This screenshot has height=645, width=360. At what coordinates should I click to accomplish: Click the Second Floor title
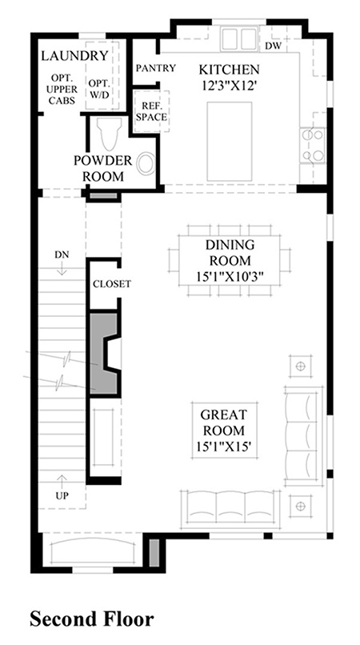(92, 619)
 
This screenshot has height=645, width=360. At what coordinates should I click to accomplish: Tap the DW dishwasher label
(273, 46)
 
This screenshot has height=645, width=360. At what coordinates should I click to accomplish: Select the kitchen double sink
(239, 39)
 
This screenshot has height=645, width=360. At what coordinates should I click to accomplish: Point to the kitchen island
(230, 142)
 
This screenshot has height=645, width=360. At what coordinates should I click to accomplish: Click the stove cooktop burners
(312, 145)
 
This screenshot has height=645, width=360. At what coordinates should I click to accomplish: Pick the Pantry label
(156, 68)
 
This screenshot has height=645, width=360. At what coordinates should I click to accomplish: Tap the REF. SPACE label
(152, 111)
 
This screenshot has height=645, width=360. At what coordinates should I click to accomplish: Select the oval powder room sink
(146, 164)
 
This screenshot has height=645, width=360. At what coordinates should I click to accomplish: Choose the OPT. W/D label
(99, 89)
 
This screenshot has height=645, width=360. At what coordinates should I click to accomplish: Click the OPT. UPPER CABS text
(62, 89)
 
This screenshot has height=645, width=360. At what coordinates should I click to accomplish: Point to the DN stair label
(62, 255)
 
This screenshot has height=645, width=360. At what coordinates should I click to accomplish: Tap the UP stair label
(62, 495)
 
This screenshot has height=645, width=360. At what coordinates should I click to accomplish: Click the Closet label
(112, 284)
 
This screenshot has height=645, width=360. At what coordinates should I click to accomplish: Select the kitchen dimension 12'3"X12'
(229, 86)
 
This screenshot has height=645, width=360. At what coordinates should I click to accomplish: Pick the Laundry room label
(75, 55)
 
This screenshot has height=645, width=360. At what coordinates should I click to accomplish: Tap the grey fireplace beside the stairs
(103, 355)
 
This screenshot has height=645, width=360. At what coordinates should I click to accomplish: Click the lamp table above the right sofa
(301, 366)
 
